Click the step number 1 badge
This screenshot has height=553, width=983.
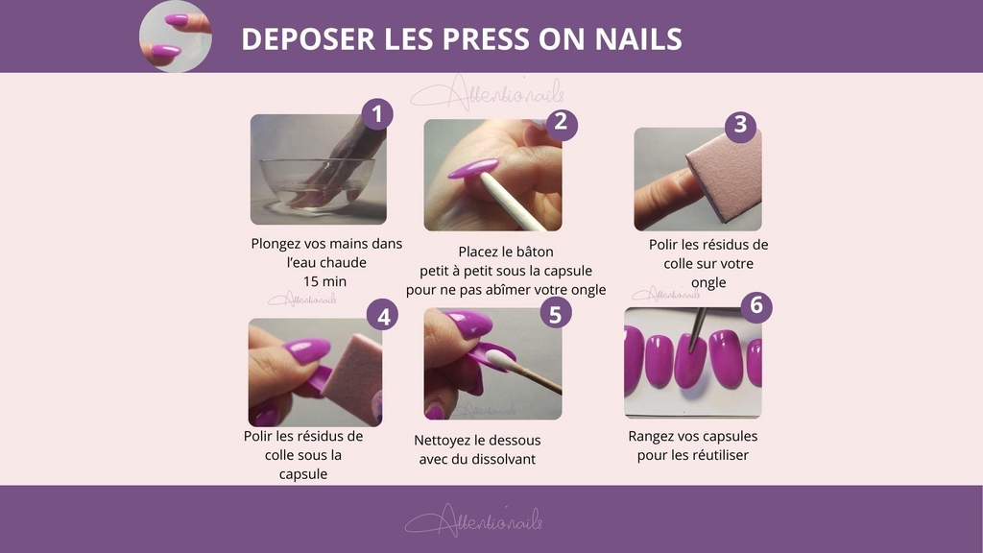click(x=376, y=114)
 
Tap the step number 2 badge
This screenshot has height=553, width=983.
click(x=561, y=122)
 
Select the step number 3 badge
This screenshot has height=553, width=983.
click(x=740, y=124)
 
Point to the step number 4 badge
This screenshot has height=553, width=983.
click(x=382, y=315)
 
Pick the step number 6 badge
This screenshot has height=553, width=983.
click(x=756, y=305)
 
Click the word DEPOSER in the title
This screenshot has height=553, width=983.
click(x=308, y=38)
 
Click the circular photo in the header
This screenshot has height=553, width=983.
click(x=176, y=36)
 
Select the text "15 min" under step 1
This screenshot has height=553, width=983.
click(x=324, y=281)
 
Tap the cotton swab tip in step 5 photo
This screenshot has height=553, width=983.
click(x=499, y=360)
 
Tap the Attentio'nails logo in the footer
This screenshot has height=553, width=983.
click(x=474, y=520)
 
